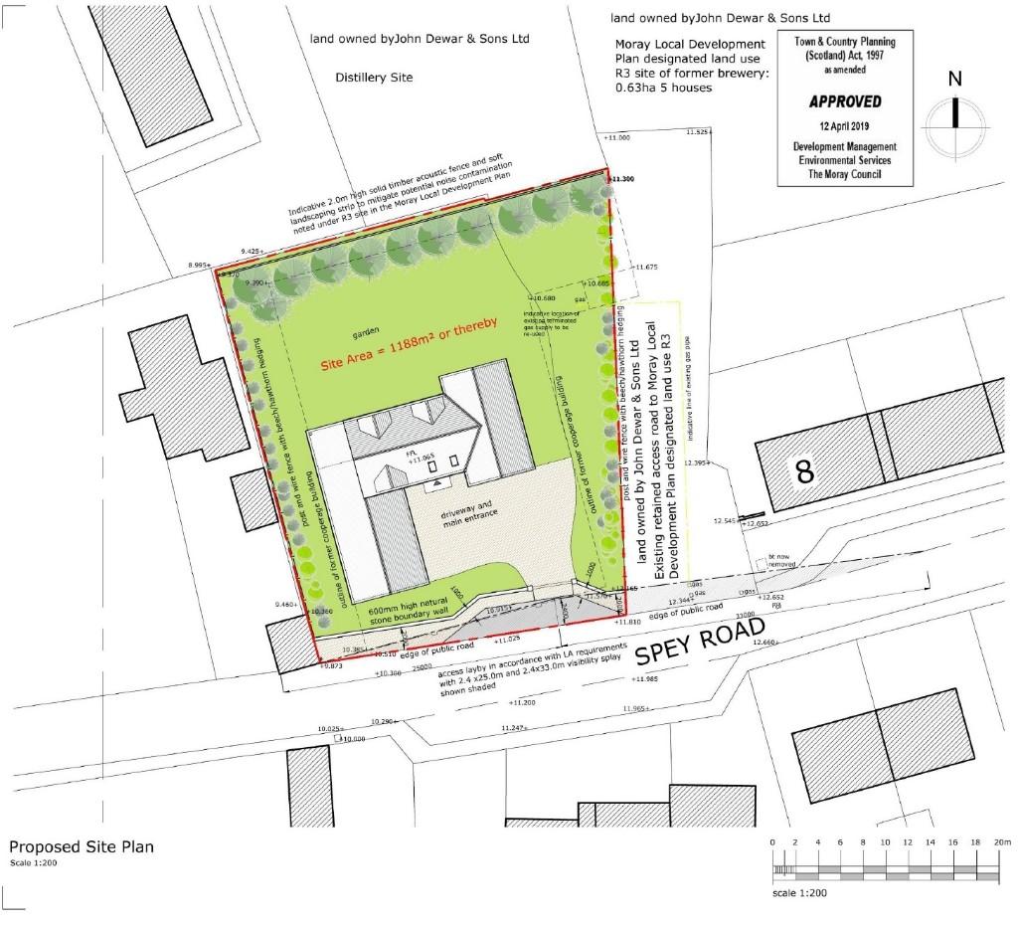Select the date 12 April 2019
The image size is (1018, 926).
click(843, 126)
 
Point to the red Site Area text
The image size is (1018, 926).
click(408, 345)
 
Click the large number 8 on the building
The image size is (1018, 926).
click(805, 471)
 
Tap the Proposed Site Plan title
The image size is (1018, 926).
click(82, 846)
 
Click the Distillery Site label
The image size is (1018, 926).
click(373, 77)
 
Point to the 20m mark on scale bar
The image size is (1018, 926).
click(1001, 843)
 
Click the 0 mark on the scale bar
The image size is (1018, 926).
click(773, 843)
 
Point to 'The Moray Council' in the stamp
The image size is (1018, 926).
click(843, 175)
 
